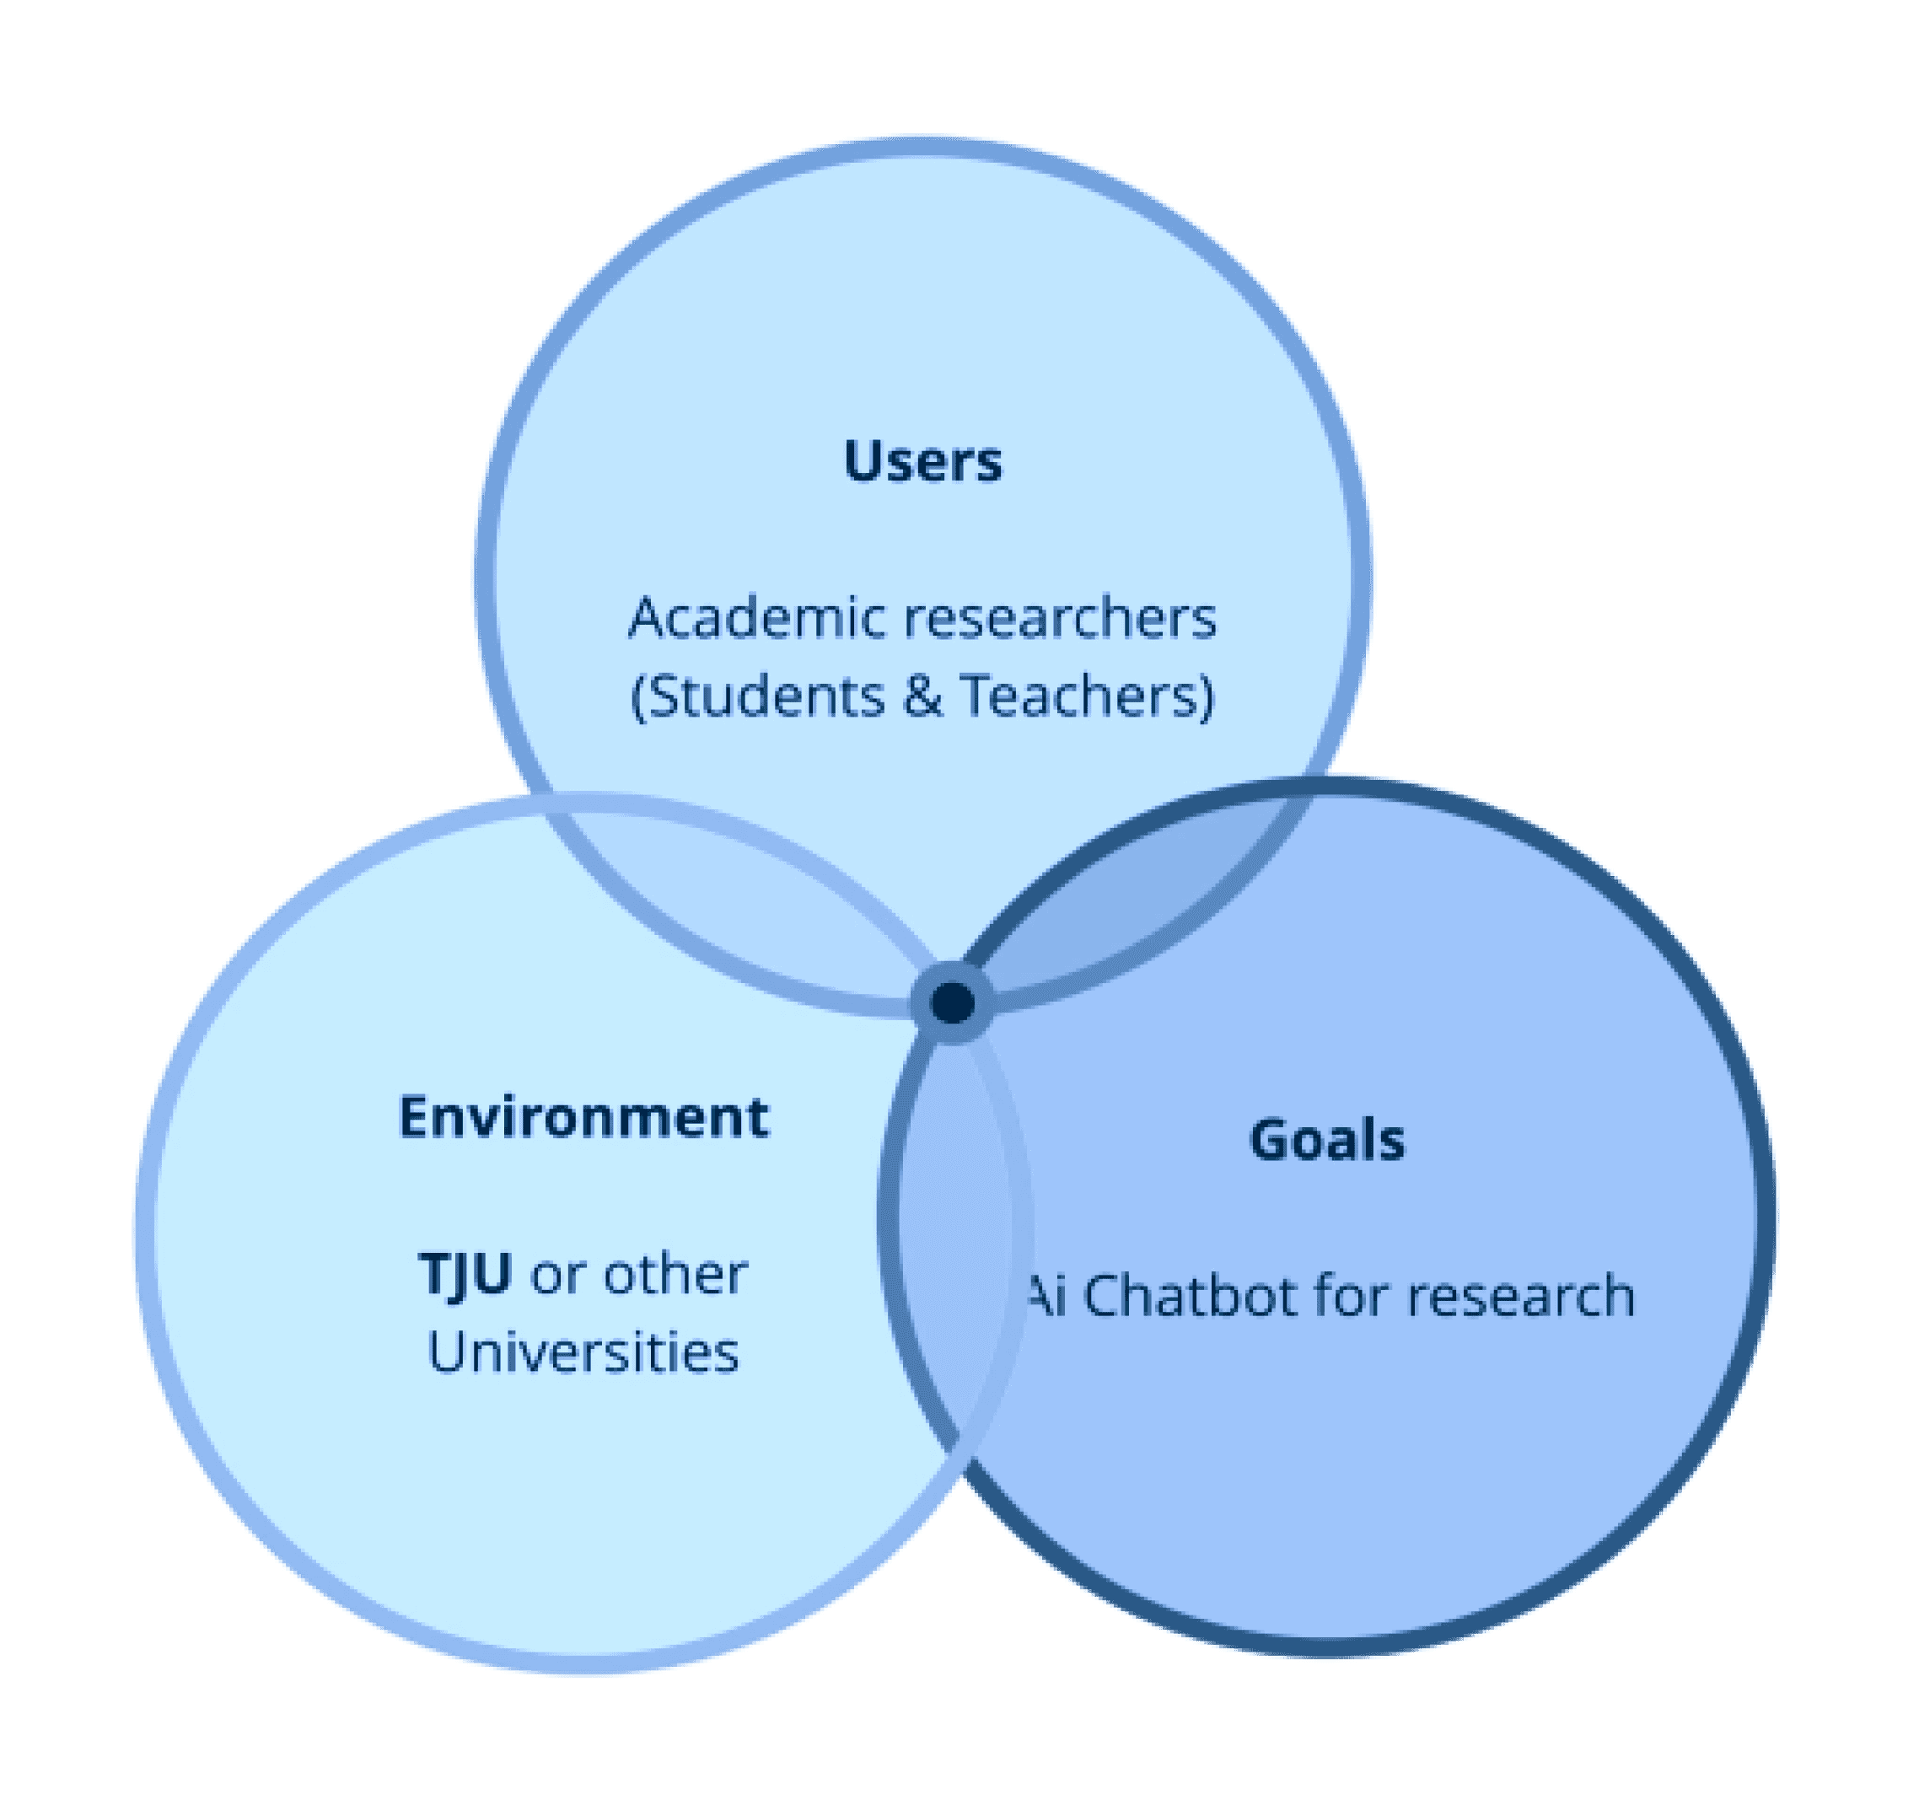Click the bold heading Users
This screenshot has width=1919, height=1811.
922,460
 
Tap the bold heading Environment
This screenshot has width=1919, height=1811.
584,1117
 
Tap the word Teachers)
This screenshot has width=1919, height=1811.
1087,695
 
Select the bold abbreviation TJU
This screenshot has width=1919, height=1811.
465,1274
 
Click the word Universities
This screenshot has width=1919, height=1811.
583,1352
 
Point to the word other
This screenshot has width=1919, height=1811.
675,1274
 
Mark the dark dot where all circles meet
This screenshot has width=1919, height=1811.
953,1002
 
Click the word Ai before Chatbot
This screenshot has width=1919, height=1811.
1045,1296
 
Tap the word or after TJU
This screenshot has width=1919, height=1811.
558,1274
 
